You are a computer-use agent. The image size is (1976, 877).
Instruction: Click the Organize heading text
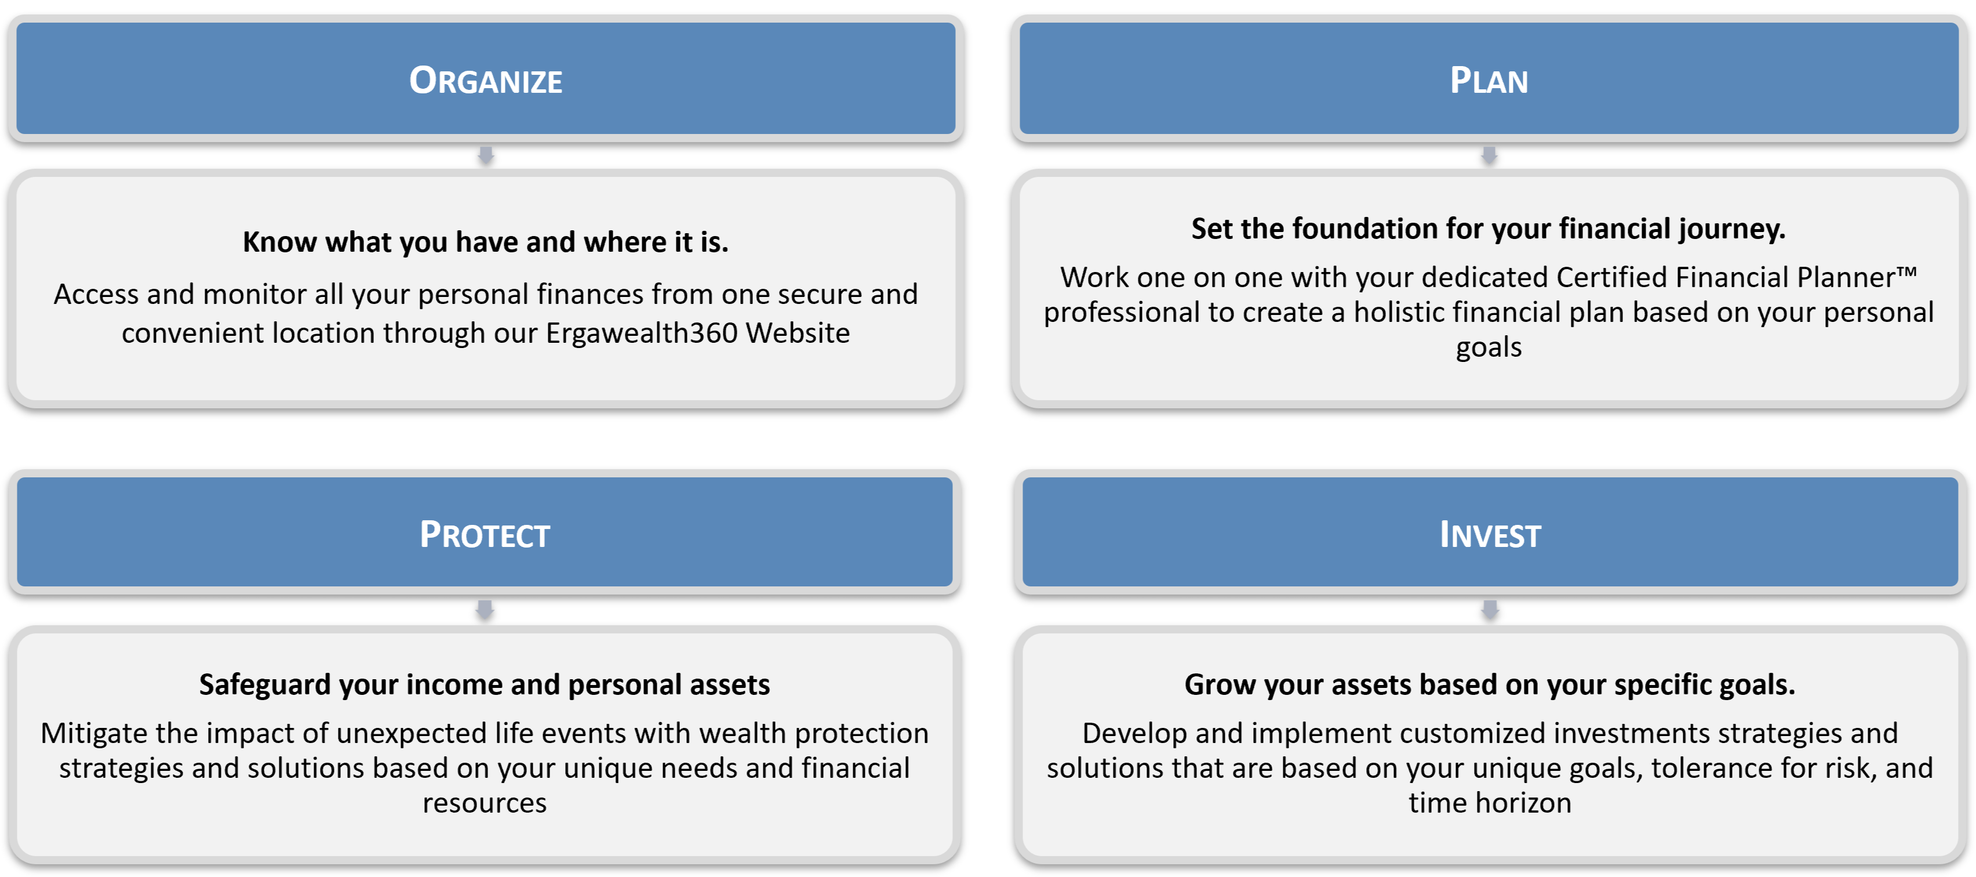pos(486,81)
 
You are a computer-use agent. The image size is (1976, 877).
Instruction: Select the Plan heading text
pos(1489,81)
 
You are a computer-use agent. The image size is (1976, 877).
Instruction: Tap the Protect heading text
pos(485,535)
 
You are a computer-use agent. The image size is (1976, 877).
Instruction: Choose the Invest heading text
pos(1490,535)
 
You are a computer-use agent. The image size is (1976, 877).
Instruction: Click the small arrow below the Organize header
pos(486,155)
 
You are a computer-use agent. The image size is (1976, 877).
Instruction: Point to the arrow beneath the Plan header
pos(1489,155)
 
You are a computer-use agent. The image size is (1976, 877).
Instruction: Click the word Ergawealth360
pos(641,334)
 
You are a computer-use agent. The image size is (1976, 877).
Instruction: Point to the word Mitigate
pos(94,734)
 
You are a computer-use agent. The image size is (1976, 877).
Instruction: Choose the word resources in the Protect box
pos(485,804)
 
